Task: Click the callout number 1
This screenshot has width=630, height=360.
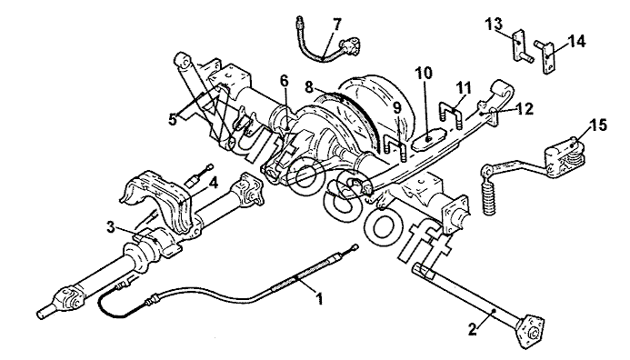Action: (320, 298)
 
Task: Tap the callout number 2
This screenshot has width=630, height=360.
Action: (473, 330)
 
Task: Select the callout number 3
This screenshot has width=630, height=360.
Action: (111, 227)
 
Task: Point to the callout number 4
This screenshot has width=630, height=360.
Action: (214, 184)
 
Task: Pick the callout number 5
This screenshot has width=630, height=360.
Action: (173, 119)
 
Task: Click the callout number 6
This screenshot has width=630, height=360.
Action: (284, 81)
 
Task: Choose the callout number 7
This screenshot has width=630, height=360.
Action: (336, 25)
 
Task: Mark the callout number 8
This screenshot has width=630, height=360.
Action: (308, 86)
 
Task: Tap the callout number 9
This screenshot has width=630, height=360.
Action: (397, 107)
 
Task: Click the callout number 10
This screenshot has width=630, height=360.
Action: (424, 74)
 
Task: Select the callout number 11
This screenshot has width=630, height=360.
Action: (464, 88)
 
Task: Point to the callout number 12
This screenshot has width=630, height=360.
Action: (525, 108)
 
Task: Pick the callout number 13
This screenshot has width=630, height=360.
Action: (494, 25)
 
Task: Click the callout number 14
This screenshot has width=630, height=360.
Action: (576, 41)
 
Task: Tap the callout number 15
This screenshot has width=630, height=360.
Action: (598, 125)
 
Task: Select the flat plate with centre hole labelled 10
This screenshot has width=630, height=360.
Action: (429, 139)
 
